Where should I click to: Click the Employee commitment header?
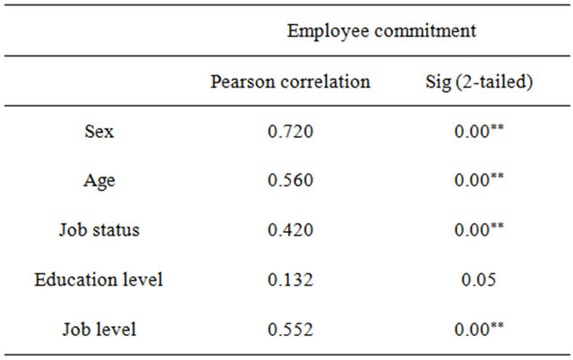(x=381, y=30)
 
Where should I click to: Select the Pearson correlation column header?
(x=290, y=82)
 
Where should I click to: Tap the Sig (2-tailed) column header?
(x=478, y=82)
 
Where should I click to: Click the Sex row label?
(x=98, y=132)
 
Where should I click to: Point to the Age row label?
(x=98, y=181)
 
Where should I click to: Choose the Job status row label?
(x=98, y=230)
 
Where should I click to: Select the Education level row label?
(x=98, y=279)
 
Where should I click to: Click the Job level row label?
(x=98, y=329)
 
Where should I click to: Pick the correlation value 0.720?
(x=290, y=132)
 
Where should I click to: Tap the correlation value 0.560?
(x=290, y=181)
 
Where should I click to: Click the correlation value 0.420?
(x=290, y=230)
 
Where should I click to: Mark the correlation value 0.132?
(x=290, y=279)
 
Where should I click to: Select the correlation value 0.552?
(x=290, y=329)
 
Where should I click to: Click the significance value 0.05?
(x=478, y=279)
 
